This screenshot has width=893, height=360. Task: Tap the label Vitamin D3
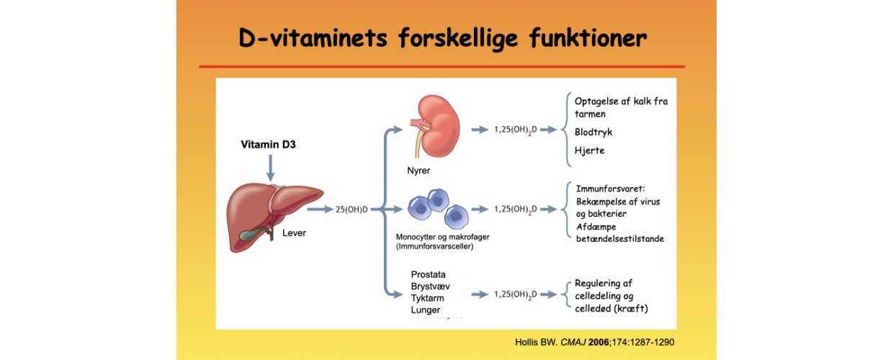pos(268,145)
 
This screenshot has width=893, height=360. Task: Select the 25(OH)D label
pos(351,210)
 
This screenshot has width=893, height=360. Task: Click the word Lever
pos(294,233)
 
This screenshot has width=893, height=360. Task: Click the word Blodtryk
pos(593,132)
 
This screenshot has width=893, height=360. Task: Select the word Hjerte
pos(590,150)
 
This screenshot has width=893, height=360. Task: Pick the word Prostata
pos(428,274)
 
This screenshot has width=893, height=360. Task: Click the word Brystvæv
pos(431,287)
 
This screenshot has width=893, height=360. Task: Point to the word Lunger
pos(426,310)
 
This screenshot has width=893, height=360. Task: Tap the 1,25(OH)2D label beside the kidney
pos(515,130)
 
